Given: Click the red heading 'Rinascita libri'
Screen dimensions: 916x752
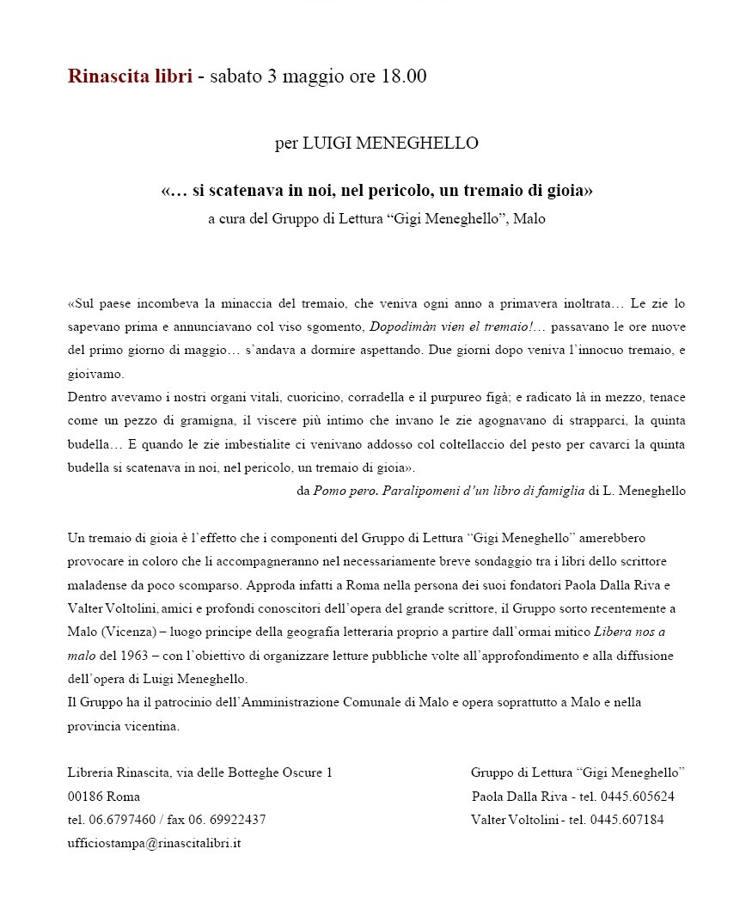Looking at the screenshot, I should click(x=130, y=76).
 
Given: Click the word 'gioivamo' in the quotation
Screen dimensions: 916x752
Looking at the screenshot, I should click(x=95, y=374).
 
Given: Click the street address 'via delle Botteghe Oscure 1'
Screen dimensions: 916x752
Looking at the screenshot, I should click(x=253, y=772).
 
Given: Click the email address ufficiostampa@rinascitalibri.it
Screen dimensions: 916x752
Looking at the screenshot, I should click(x=154, y=843).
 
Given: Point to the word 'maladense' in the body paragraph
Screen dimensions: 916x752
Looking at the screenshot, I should click(x=95, y=585).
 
